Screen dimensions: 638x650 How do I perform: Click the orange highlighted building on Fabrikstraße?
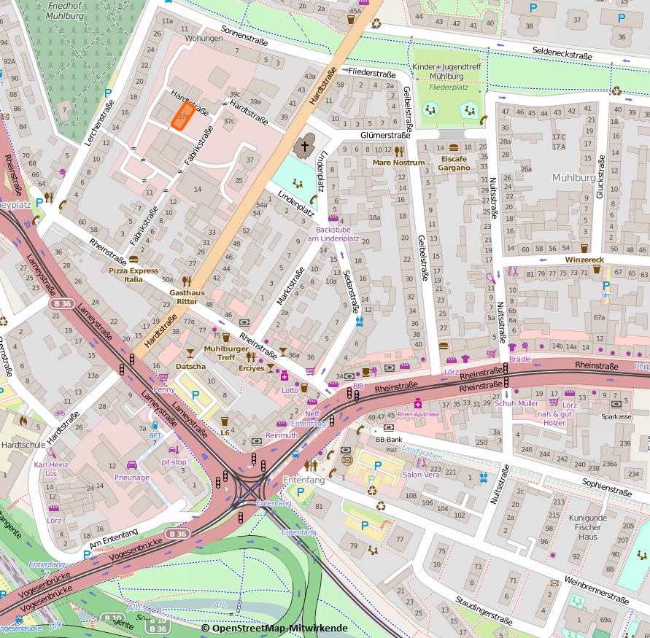(x=183, y=115)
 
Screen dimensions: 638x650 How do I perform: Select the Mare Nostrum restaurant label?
(x=398, y=163)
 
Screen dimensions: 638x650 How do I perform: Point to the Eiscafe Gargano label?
(x=454, y=163)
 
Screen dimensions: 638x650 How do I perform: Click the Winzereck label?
(x=585, y=260)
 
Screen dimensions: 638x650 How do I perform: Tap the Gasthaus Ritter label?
(x=183, y=296)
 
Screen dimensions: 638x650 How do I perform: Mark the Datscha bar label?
(x=190, y=366)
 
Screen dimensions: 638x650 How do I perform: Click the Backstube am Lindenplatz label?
(x=333, y=234)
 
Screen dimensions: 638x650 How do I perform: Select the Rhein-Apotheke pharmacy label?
(x=418, y=414)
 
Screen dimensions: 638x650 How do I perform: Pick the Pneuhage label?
(x=131, y=477)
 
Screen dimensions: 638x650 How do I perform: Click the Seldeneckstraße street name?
(x=562, y=55)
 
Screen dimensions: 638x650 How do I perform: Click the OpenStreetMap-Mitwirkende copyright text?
(x=274, y=628)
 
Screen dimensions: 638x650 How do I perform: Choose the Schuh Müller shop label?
(x=516, y=403)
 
